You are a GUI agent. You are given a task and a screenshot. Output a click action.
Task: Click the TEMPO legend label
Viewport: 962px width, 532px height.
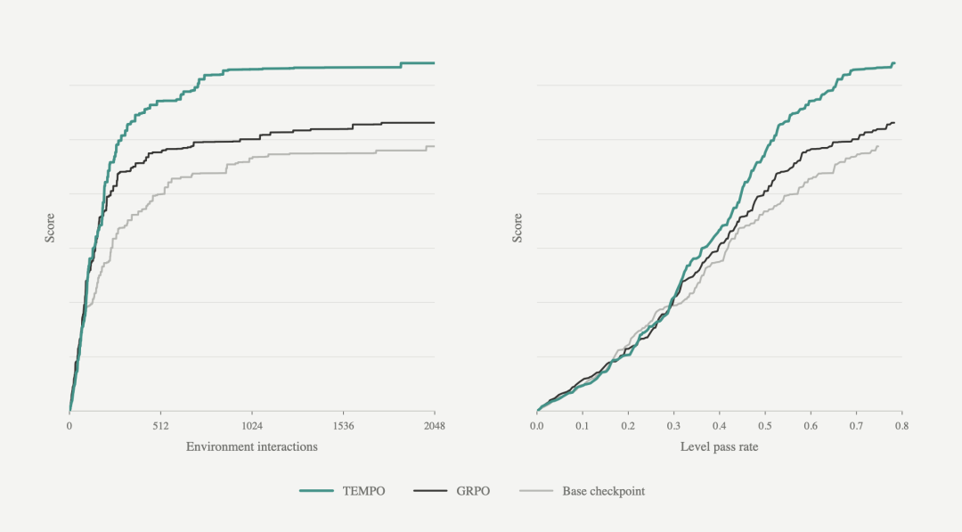[x=363, y=491]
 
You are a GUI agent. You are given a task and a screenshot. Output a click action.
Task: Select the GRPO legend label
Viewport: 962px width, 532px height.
[x=473, y=491]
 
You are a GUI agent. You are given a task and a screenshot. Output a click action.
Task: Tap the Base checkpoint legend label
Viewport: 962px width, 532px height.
[x=604, y=491]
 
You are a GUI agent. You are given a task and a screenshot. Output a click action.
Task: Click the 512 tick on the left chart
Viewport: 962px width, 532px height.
[x=160, y=426]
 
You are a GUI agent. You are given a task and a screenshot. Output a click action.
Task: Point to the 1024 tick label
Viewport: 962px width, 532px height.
[x=252, y=426]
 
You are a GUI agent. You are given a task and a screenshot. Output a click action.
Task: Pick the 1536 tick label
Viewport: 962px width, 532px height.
[x=344, y=426]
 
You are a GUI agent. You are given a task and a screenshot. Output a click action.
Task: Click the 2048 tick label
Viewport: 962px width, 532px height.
[x=435, y=426]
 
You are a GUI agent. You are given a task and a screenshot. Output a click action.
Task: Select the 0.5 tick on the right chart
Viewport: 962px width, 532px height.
[x=765, y=426]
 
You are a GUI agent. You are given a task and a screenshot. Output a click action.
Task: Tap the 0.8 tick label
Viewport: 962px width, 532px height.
[x=901, y=426]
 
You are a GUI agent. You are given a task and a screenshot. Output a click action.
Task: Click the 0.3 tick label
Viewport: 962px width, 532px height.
[x=673, y=426]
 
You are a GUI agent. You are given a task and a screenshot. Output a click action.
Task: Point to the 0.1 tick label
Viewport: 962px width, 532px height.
[x=583, y=426]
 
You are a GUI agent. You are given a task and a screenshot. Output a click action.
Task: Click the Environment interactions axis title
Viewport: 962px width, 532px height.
[x=252, y=446]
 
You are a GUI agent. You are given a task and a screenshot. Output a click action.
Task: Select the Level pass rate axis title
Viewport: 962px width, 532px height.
[x=719, y=446]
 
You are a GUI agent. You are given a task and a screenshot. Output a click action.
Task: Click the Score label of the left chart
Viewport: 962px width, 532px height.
[x=50, y=227]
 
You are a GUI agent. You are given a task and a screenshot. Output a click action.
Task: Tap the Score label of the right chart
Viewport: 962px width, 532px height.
[x=518, y=227]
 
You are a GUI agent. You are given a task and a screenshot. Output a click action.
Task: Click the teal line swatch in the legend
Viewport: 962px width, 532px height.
[x=316, y=491]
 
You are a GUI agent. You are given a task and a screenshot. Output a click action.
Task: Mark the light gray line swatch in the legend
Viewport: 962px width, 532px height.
[x=536, y=491]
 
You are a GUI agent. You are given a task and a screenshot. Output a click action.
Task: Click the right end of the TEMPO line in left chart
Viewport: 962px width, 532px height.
[x=435, y=63]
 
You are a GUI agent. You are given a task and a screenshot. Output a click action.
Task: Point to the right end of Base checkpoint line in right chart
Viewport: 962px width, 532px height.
[x=878, y=146]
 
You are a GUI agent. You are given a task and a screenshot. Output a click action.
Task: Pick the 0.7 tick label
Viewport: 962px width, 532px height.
[x=857, y=426]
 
